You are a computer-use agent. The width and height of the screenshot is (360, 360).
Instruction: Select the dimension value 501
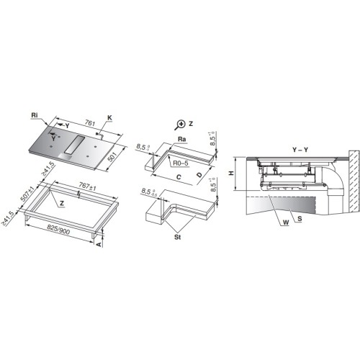point(112,158)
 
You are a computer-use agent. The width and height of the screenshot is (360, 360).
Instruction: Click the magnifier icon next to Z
point(179,125)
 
